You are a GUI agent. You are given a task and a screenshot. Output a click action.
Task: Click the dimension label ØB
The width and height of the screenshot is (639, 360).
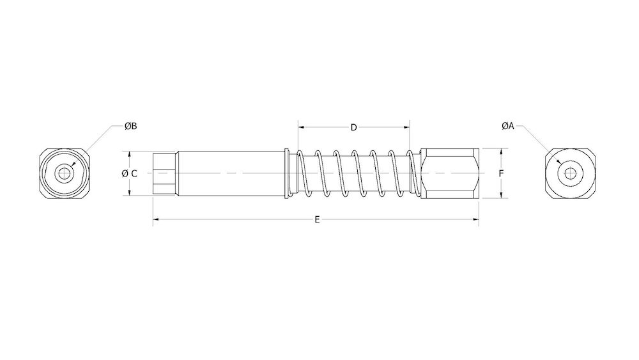click(x=130, y=127)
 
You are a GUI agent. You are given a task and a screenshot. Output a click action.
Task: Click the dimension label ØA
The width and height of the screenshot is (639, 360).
click(x=508, y=127)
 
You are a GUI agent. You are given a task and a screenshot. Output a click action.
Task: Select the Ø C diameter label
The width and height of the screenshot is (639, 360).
click(x=129, y=173)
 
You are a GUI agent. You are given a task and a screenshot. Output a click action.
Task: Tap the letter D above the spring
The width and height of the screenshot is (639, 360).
click(x=353, y=127)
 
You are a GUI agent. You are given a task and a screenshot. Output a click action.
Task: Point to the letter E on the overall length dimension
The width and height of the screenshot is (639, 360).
click(x=317, y=219)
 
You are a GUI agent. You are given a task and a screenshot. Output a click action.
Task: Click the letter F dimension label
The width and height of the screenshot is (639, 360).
click(x=502, y=173)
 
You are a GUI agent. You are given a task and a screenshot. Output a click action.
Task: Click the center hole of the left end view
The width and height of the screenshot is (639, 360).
click(x=63, y=173)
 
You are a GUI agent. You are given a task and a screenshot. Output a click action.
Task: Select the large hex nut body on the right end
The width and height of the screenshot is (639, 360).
click(x=449, y=173)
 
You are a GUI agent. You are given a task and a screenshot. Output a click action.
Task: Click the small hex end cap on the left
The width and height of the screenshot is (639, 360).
click(x=164, y=173)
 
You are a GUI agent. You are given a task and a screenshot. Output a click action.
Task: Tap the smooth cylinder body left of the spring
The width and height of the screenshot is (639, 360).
click(x=230, y=173)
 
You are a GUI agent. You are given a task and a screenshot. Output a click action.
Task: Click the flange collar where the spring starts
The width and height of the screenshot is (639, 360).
click(x=287, y=173)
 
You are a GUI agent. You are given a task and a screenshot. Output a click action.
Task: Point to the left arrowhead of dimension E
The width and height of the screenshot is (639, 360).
click(x=155, y=219)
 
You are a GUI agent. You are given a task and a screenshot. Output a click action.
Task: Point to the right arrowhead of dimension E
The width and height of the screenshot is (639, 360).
click(x=477, y=219)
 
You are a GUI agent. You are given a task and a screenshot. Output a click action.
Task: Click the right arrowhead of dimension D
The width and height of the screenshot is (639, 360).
click(x=407, y=127)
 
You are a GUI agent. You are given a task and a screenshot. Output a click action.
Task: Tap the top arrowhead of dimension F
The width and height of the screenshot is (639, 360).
click(x=502, y=151)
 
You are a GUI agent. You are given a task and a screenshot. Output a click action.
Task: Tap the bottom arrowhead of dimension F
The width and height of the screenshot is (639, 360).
click(x=502, y=196)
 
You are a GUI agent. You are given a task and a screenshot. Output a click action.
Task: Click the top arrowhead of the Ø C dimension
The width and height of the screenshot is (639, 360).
click(x=130, y=154)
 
